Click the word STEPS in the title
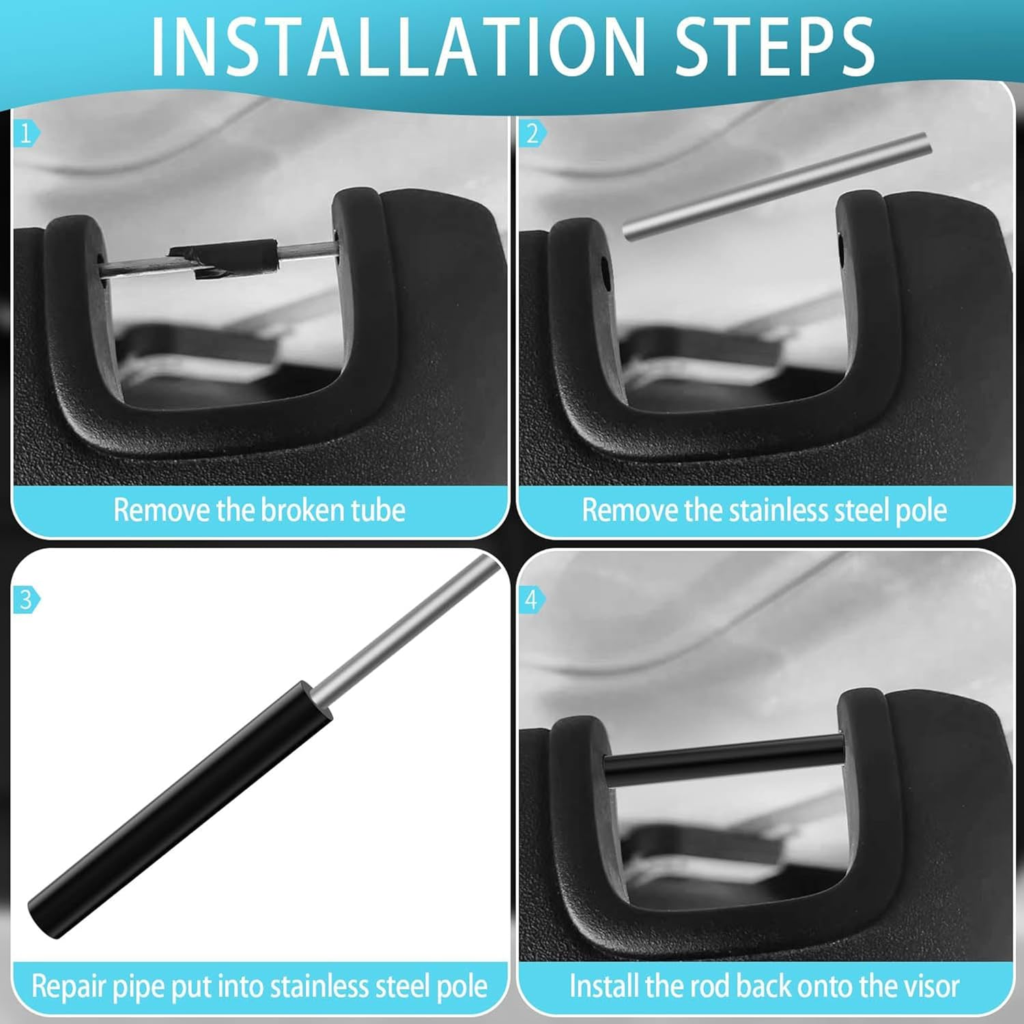[774, 46]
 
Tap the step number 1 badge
[26, 133]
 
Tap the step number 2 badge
[532, 133]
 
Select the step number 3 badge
[26, 599]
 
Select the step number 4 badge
[532, 599]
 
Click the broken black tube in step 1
[225, 258]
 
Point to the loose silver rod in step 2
[777, 186]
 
